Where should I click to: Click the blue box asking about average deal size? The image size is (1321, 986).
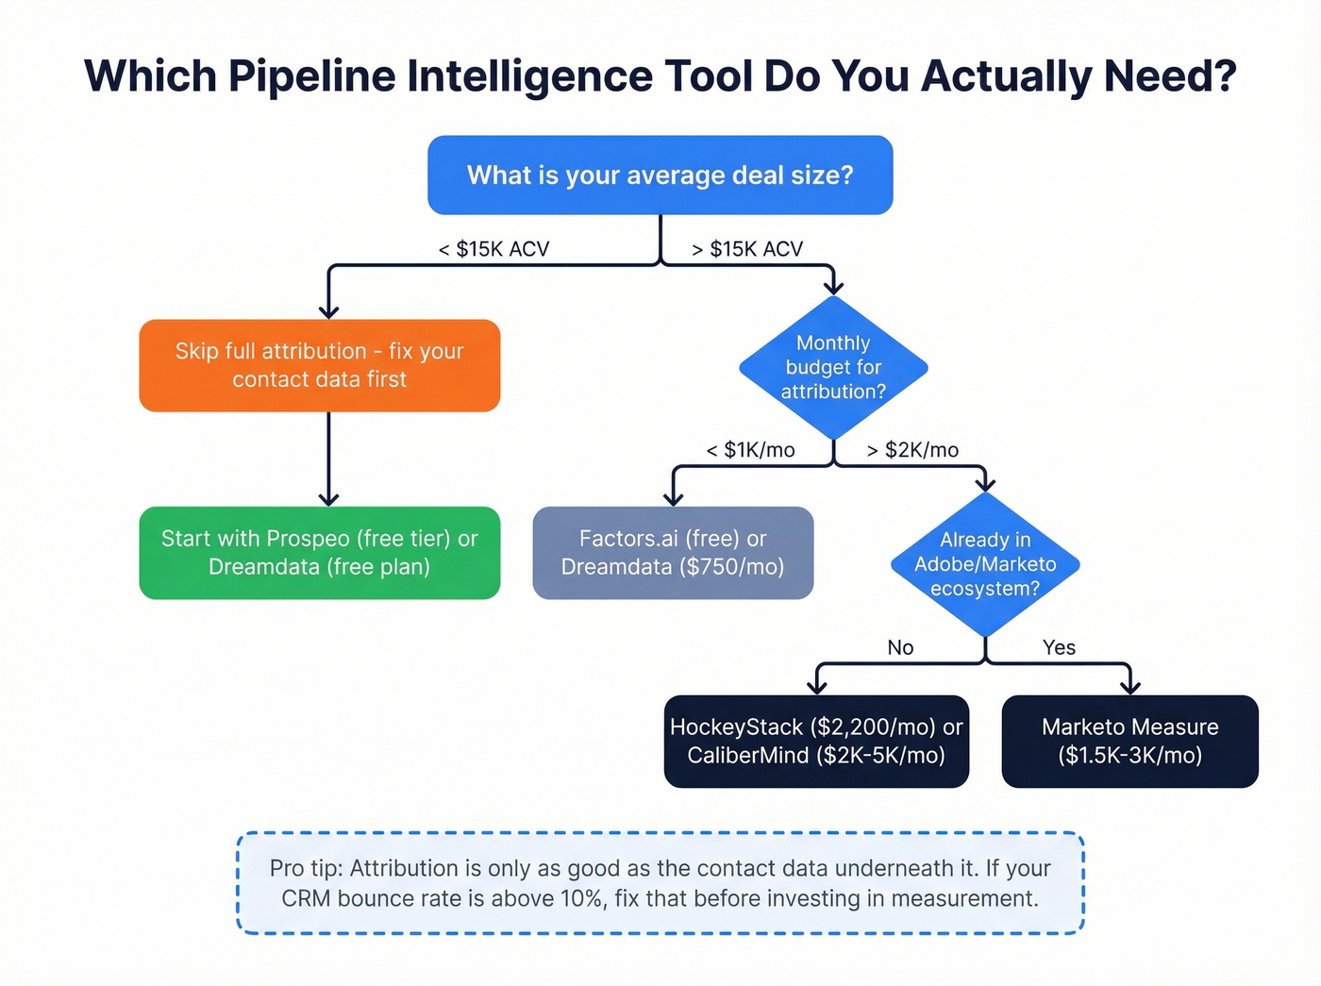point(660,175)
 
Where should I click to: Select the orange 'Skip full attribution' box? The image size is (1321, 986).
point(319,365)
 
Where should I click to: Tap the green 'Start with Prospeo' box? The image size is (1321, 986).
point(319,553)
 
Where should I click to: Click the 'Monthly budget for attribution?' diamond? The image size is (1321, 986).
point(833,368)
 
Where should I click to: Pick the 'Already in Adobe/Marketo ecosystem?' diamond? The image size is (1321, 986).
point(985,564)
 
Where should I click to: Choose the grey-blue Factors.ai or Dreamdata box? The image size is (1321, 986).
point(673,553)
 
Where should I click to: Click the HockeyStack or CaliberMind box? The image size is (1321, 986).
point(816,742)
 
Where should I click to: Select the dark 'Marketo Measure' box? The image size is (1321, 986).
point(1129,742)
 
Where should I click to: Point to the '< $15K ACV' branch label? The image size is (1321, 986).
point(493,249)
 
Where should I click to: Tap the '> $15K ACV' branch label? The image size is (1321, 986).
point(747,249)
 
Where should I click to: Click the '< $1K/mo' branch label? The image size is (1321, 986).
point(750,450)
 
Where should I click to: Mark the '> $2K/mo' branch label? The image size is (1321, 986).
point(912,450)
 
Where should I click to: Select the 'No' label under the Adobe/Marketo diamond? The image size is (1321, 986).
point(900,647)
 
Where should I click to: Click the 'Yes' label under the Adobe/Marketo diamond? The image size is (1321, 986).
point(1059,647)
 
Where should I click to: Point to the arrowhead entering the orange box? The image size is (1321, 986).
point(328,310)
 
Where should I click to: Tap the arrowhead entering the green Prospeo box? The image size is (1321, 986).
point(328,498)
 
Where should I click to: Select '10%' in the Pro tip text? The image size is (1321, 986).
point(582,898)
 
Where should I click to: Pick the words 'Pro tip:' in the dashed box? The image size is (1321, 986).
point(306,868)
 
